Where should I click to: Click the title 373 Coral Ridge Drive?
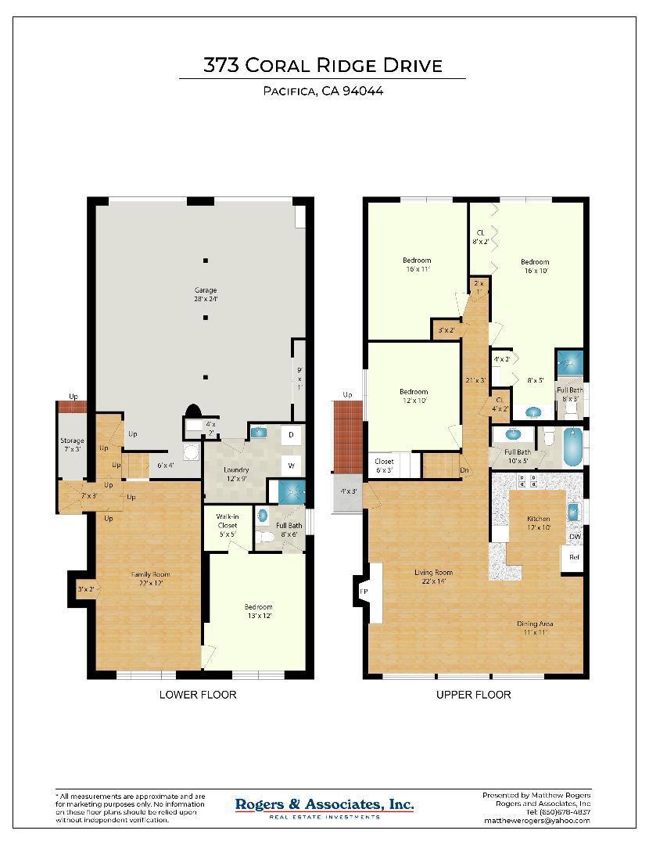coord(322,66)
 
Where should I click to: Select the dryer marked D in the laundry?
coord(291,434)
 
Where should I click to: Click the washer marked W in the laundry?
coord(291,466)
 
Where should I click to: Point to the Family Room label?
coord(150,578)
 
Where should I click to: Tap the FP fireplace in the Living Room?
coord(364,592)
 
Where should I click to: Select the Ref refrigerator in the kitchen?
coord(573,558)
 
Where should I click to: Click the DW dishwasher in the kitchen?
coord(575,537)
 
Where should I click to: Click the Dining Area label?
coord(535,627)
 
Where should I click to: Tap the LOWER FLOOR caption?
coord(197,695)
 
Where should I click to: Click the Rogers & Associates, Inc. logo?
coord(324,806)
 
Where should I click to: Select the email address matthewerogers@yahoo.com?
coord(536,821)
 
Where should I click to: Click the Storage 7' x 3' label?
coord(72,445)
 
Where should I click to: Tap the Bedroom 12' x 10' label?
coord(414,396)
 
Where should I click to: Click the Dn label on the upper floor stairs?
coord(464,470)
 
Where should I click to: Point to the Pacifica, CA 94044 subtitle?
coord(322,91)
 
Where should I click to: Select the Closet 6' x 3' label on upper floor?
coord(384,466)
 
